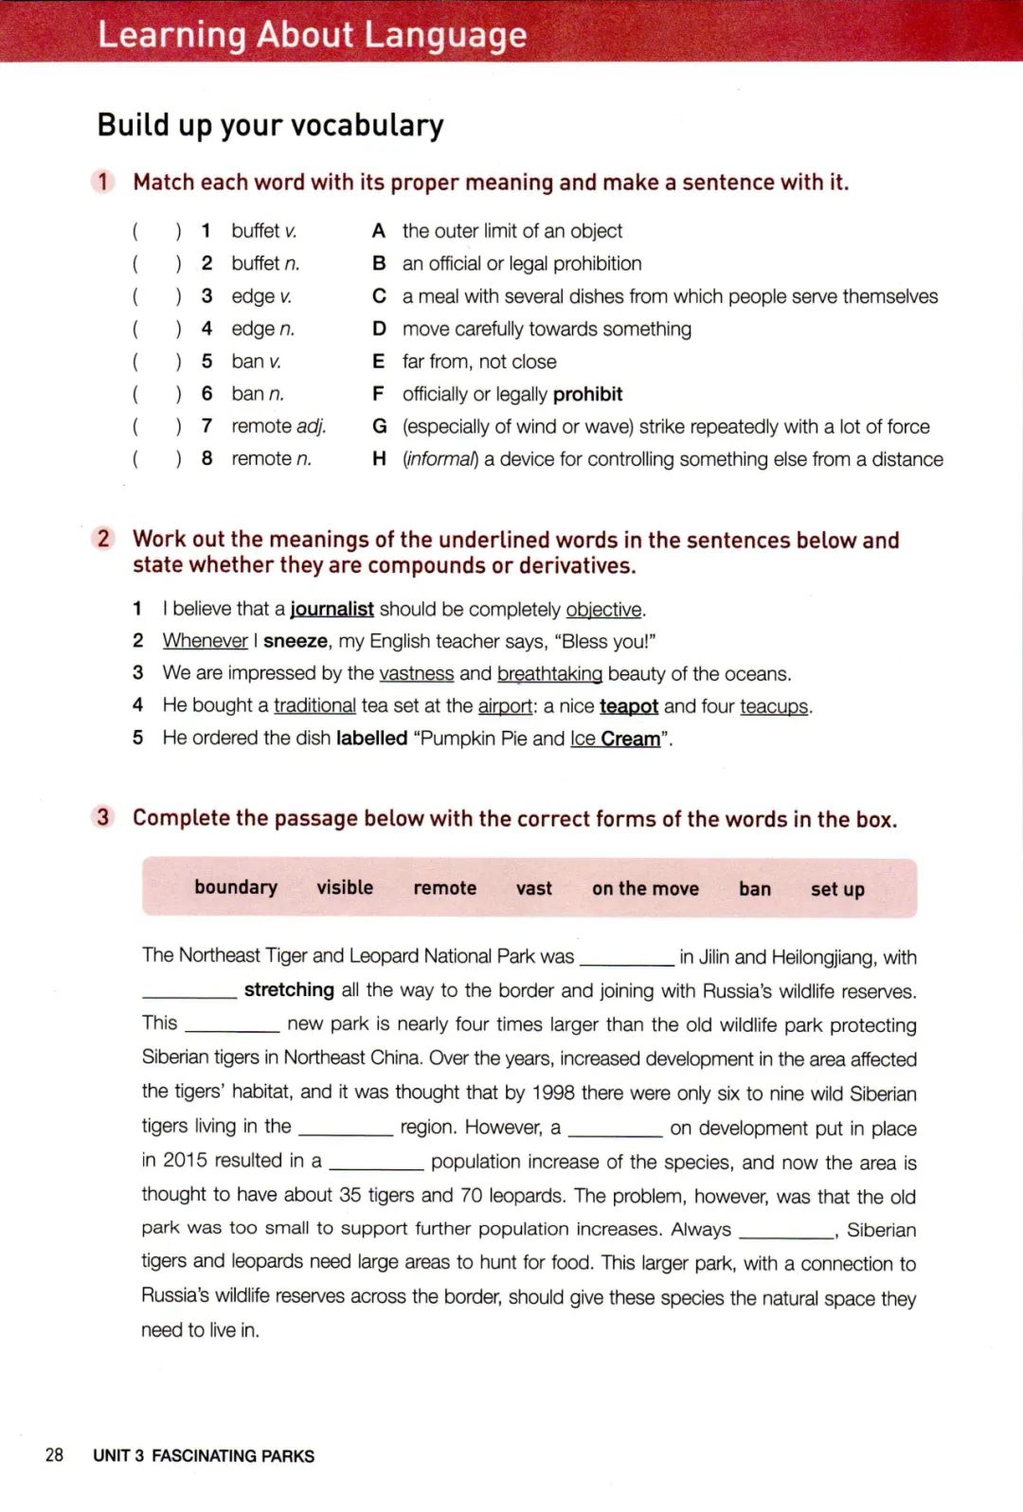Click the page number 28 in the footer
pos(54,1454)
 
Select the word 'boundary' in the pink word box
pos(236,887)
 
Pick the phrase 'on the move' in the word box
pos(645,889)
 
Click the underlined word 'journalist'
pos(332,609)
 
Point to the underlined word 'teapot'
pos(629,706)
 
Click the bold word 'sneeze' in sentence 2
pos(295,641)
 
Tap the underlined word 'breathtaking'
pos(549,673)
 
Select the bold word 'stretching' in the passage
pos(289,989)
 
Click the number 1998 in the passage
pos(553,1093)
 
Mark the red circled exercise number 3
pos(103,817)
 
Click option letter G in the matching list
pos(379,426)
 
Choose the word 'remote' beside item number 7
pos(261,426)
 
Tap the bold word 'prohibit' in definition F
pos(587,394)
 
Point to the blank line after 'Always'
pos(785,1230)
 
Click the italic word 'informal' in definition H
pos(440,459)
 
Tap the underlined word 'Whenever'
pos(205,641)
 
